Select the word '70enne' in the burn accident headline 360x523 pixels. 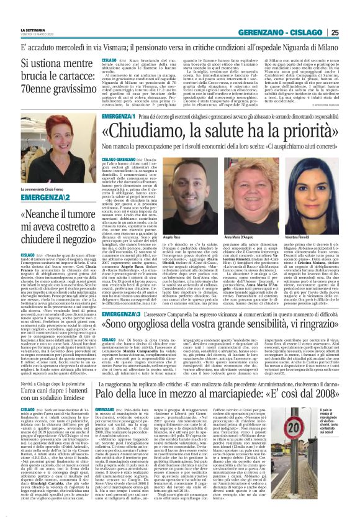click(x=18, y=89)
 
